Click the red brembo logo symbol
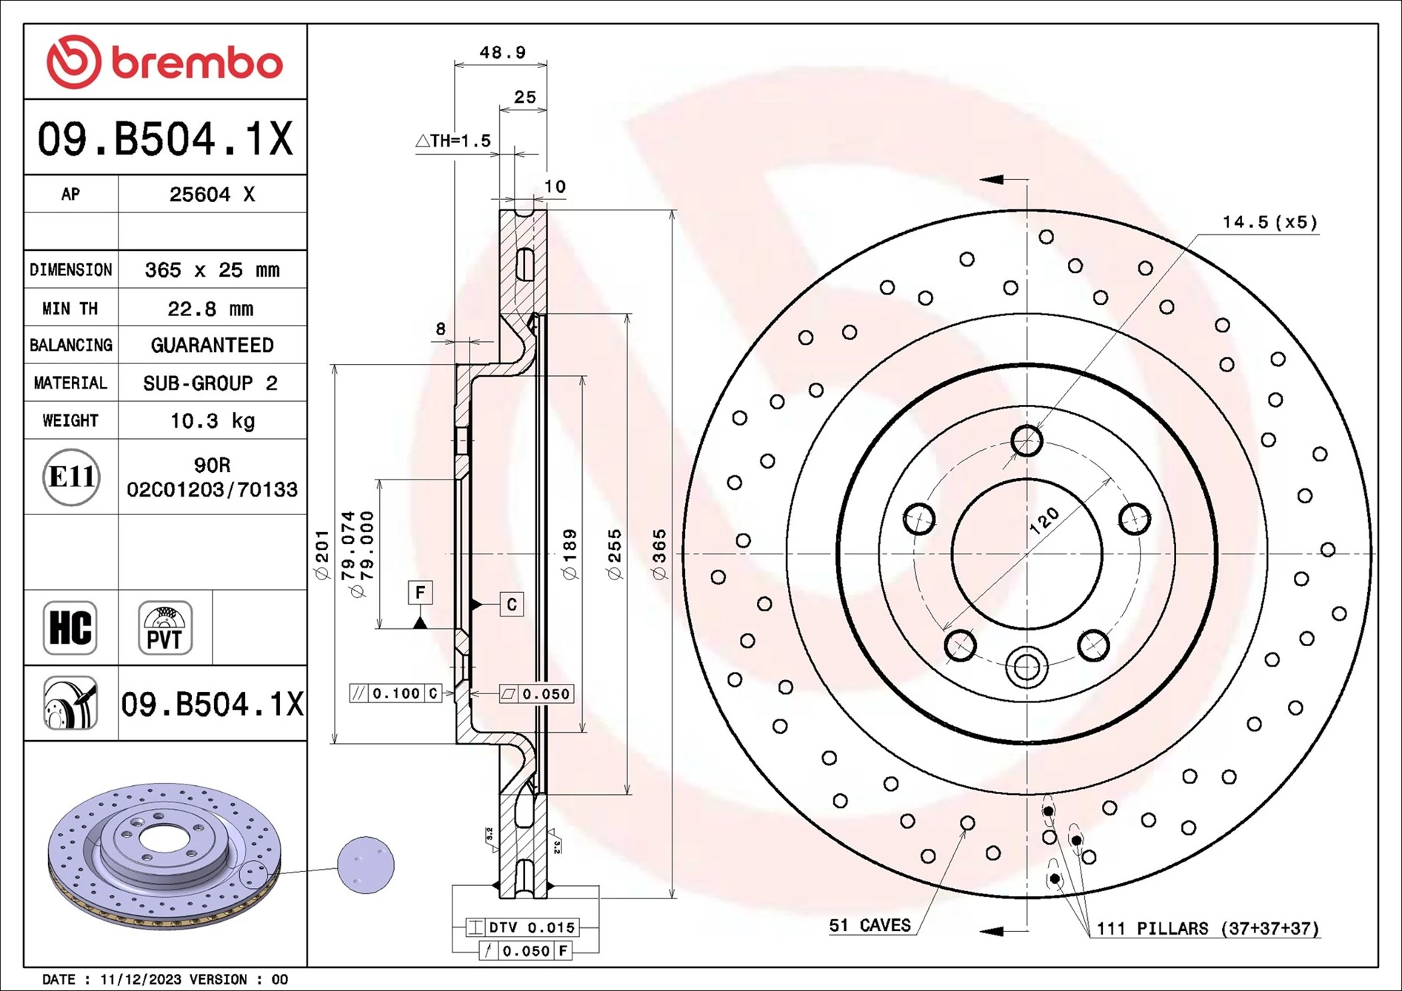pyautogui.click(x=73, y=62)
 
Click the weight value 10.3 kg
pyautogui.click(x=212, y=421)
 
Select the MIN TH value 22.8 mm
pyautogui.click(x=210, y=309)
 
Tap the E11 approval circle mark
pyautogui.click(x=71, y=477)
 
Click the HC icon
pyautogui.click(x=70, y=628)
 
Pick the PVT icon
pyautogui.click(x=165, y=628)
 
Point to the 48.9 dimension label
pyautogui.click(x=502, y=53)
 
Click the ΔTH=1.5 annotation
pyautogui.click(x=453, y=141)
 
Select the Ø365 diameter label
pyautogui.click(x=658, y=554)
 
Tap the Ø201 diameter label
pyautogui.click(x=321, y=554)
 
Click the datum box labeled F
pyautogui.click(x=420, y=592)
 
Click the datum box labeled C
pyautogui.click(x=512, y=605)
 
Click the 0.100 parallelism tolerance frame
pyautogui.click(x=395, y=693)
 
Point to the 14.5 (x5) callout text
pyautogui.click(x=1269, y=222)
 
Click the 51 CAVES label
pyautogui.click(x=869, y=925)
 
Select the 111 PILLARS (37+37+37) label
pyautogui.click(x=1207, y=928)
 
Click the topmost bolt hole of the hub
pyautogui.click(x=1027, y=441)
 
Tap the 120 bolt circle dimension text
pyautogui.click(x=1044, y=521)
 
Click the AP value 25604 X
pyautogui.click(x=212, y=195)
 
